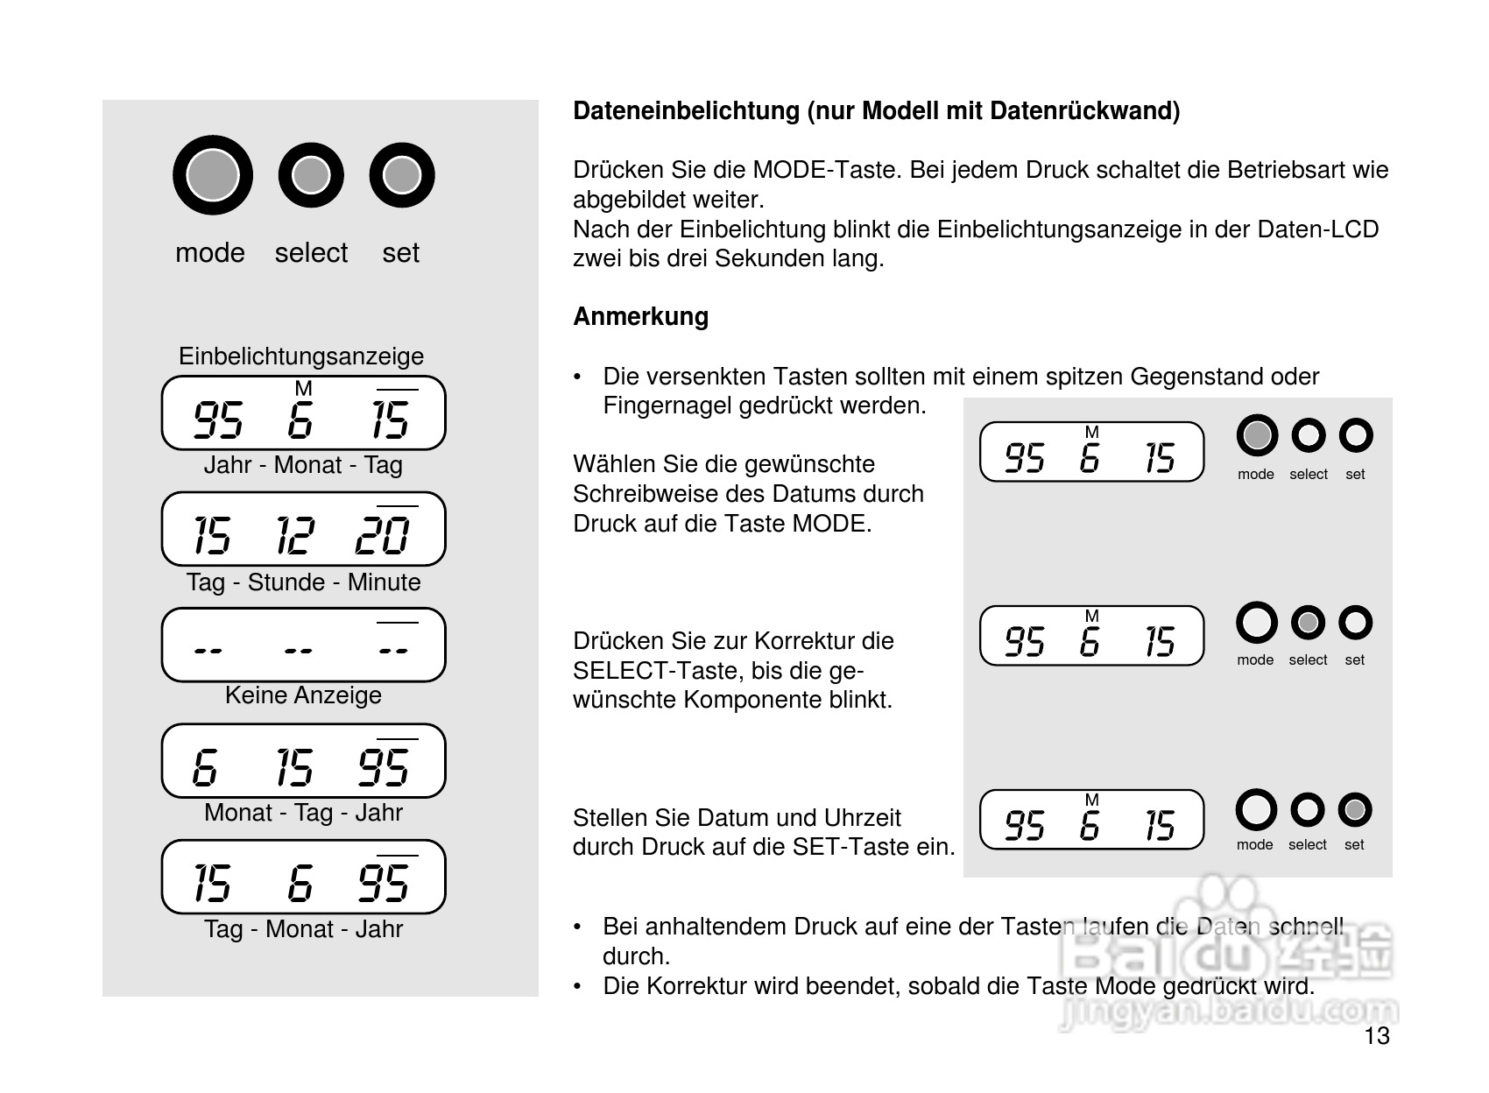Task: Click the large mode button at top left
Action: click(213, 175)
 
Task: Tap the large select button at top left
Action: click(311, 175)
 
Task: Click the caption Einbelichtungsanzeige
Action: click(301, 356)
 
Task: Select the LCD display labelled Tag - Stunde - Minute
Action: click(303, 529)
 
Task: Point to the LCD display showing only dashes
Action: click(303, 645)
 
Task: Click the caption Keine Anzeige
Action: click(303, 695)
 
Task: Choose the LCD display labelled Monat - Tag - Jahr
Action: click(303, 761)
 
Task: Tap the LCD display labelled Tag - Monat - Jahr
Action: click(303, 878)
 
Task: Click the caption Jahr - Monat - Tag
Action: click(303, 464)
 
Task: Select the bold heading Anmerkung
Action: click(640, 316)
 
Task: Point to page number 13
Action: click(1376, 1036)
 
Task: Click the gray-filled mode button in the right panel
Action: click(1257, 435)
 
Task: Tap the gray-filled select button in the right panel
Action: click(1308, 623)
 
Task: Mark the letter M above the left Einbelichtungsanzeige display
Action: click(303, 388)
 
